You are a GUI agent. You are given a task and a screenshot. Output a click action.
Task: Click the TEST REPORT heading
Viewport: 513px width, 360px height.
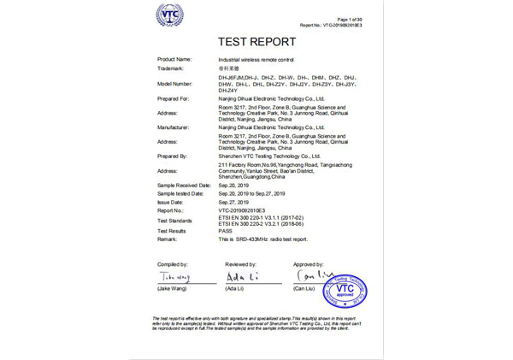point(256,41)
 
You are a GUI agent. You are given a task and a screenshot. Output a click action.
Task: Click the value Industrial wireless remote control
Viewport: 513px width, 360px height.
point(256,58)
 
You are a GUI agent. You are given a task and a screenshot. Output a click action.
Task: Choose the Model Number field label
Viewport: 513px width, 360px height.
point(175,84)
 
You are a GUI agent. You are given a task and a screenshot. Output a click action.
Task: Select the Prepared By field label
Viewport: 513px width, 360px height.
point(173,156)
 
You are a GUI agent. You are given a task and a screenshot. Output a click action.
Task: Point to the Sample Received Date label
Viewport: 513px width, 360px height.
point(184,185)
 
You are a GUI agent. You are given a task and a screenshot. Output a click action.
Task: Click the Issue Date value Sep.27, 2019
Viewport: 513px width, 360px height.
point(236,201)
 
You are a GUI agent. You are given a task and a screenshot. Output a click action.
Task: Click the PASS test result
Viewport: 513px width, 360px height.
point(226,231)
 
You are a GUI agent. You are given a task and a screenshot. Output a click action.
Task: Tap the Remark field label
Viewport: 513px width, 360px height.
point(168,239)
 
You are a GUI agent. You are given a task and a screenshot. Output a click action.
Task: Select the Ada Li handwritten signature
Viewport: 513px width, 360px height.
point(242,277)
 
